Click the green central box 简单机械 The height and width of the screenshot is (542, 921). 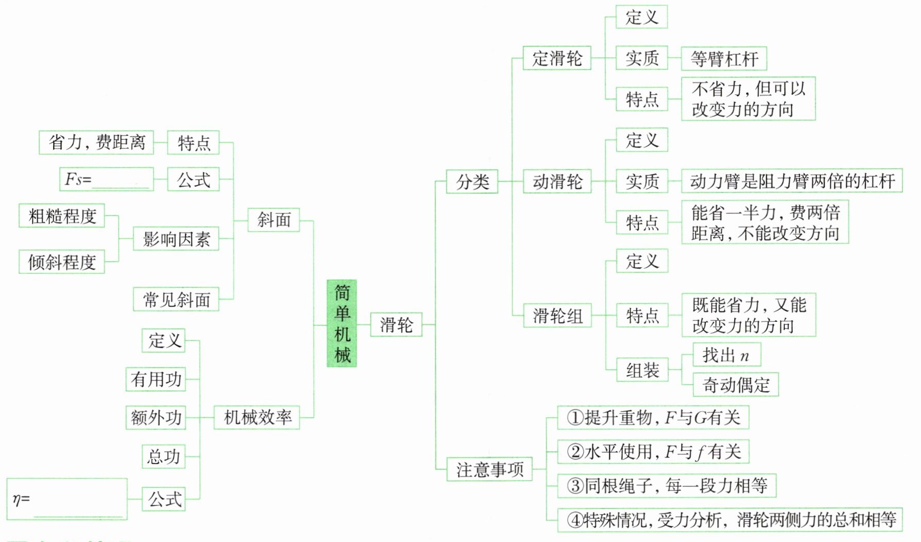pos(342,323)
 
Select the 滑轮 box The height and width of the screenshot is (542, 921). pos(396,325)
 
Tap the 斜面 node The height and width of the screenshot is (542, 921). pos(273,220)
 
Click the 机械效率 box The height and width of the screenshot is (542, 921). pos(257,417)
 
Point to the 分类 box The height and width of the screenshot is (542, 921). pos(472,182)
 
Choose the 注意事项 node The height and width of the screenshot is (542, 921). pos(489,469)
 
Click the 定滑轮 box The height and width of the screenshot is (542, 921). pos(557,58)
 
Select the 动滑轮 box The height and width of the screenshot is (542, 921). pos(557,182)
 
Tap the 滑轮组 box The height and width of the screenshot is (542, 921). pos(557,316)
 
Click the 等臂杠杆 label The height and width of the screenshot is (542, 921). pos(724,59)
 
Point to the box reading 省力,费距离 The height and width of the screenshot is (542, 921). pos(96,142)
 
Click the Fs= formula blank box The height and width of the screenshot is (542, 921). pos(106,179)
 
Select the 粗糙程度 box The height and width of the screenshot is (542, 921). pos(62,216)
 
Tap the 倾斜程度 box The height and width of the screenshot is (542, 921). pos(62,262)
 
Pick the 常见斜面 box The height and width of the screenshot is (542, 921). pos(176,299)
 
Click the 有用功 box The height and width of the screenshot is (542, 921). pos(155,380)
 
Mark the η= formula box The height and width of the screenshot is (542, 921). pos(67,499)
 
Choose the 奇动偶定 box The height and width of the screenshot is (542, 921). pos(735,385)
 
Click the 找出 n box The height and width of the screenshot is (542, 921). pos(726,355)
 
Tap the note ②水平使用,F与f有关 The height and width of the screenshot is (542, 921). pos(653,452)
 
